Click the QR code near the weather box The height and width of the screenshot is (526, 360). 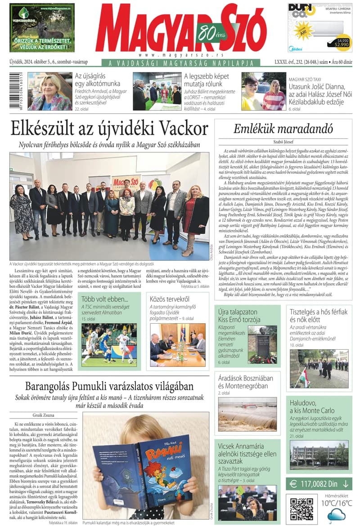point(301,507)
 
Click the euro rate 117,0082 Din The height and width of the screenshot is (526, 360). point(319,484)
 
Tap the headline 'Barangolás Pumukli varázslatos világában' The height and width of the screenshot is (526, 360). point(109,386)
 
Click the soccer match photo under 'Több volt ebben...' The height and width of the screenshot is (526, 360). point(109,344)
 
